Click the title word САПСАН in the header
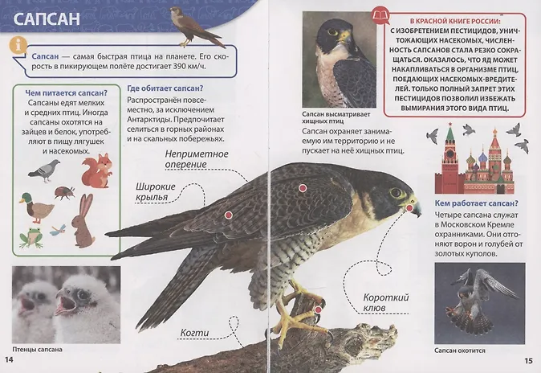pos(47,18)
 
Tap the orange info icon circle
pos(18,45)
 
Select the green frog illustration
pos(31,237)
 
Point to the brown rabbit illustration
pos(83,220)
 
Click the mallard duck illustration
pos(36,207)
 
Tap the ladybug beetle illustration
pos(64,193)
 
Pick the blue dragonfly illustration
pos(58,230)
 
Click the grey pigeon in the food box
pos(44,170)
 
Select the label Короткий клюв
pos(386,302)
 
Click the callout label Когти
pos(194,333)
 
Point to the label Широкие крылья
pos(155,192)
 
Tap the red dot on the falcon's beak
pos(409,207)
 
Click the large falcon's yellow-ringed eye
pos(396,192)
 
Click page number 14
pos(9,359)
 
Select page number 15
pos(528,361)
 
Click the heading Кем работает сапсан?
pos(477,203)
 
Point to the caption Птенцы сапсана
pos(37,350)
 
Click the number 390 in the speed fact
pos(184,66)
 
